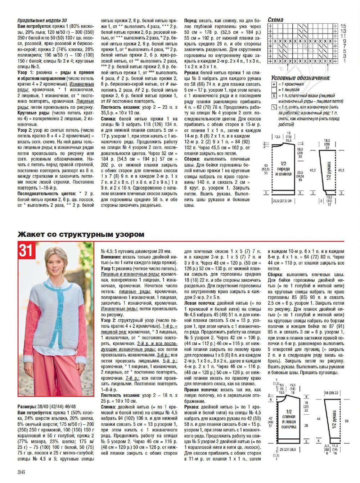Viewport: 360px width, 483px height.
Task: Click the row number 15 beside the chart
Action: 343,26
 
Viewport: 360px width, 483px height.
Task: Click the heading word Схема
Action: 275,20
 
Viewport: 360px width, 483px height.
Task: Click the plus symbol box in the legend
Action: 274,84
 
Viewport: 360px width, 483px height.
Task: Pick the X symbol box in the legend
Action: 274,95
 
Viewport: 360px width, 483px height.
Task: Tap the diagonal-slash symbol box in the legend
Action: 274,107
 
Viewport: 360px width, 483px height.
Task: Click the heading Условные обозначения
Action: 300,78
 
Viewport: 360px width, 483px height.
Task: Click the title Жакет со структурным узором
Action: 81,234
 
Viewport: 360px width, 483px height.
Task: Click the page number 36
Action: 21,472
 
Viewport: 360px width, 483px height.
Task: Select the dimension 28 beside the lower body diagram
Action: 306,425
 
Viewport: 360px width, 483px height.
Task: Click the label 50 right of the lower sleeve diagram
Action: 347,421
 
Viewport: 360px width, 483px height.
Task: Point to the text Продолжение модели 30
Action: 42,21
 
